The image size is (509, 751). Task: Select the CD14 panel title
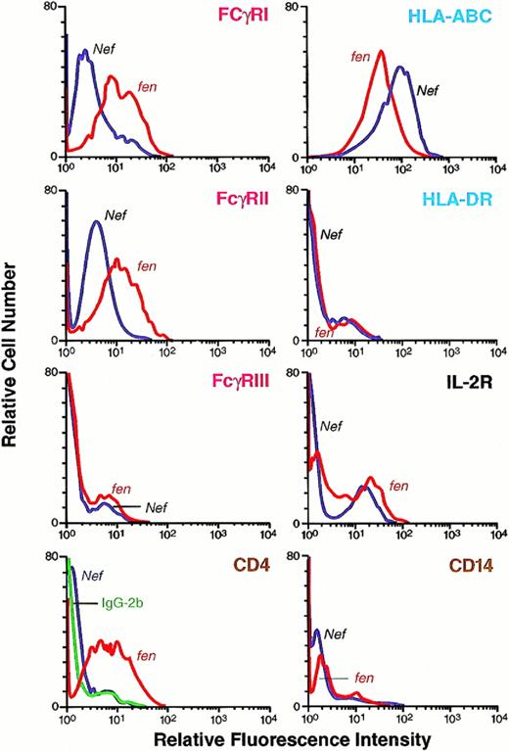click(x=471, y=564)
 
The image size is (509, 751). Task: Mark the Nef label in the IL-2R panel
click(x=333, y=426)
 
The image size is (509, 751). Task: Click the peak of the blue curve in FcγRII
click(x=96, y=221)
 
